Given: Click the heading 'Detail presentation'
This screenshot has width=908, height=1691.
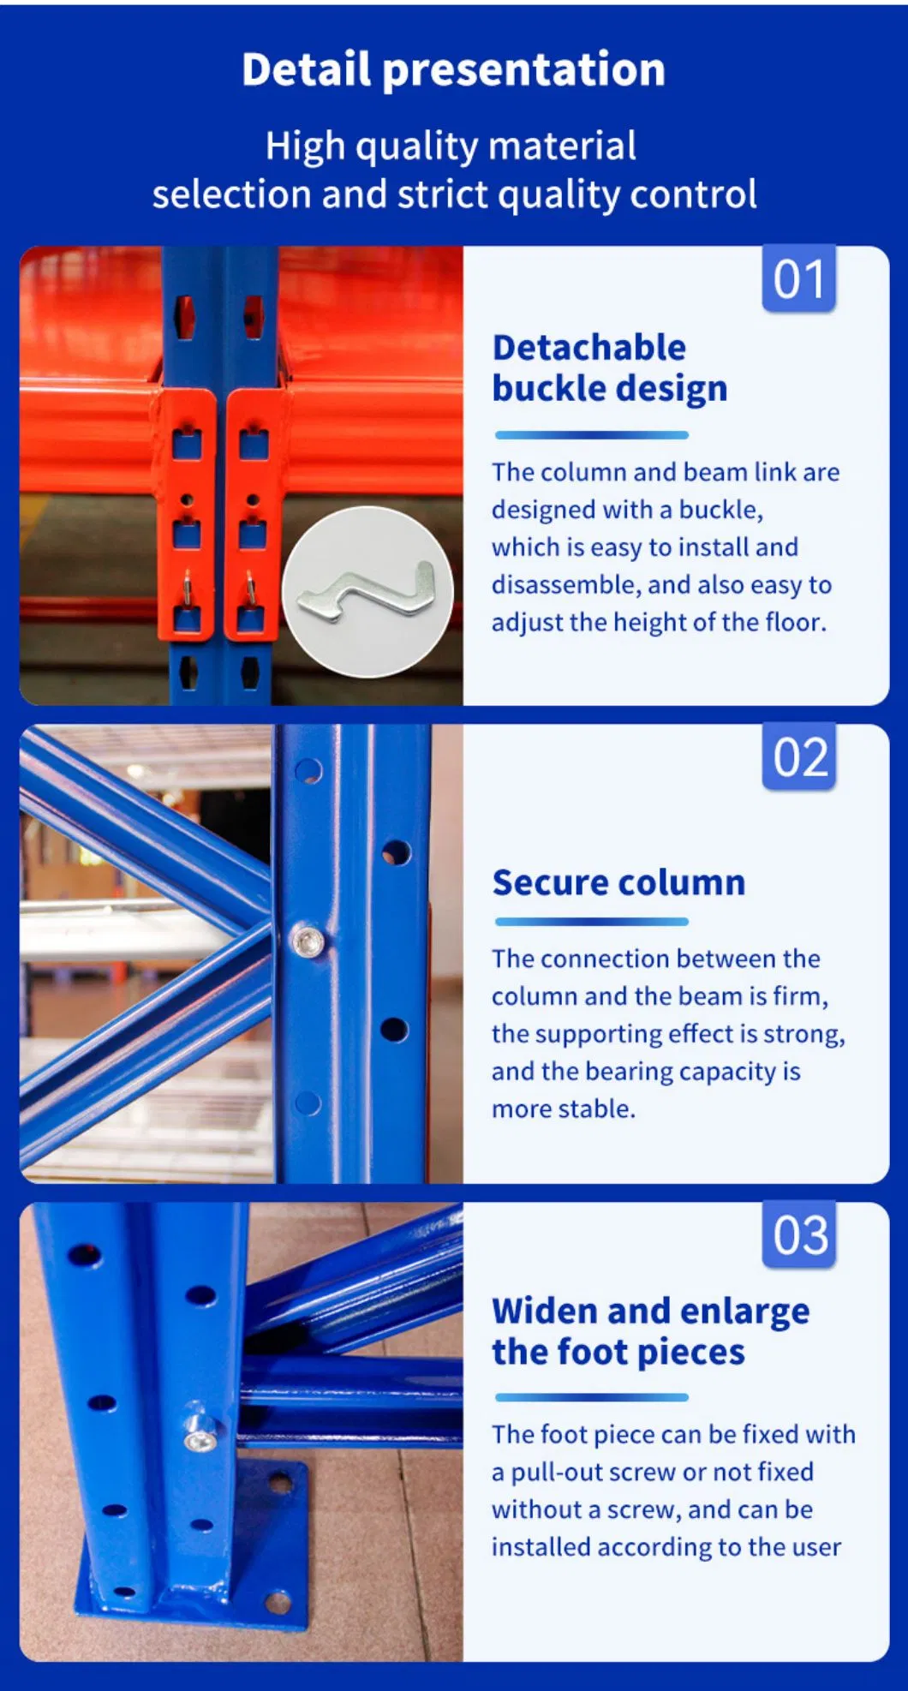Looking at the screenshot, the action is point(453,69).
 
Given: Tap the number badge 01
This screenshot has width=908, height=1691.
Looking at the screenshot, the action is point(799,279).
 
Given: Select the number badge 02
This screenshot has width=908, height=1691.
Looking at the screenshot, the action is point(799,757).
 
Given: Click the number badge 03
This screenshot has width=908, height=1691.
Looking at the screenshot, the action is point(799,1235).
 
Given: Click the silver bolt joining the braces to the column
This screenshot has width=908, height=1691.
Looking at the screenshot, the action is point(308,941).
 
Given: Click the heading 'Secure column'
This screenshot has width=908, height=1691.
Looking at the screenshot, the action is point(618,882).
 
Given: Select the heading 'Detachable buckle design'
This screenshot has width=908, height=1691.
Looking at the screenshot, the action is point(610,368).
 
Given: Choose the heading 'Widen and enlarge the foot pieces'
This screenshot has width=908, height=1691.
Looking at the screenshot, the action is point(651,1331).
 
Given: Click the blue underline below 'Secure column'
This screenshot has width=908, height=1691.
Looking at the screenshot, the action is point(591,922).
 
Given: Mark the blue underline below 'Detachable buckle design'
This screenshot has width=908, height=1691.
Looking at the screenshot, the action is point(591,435).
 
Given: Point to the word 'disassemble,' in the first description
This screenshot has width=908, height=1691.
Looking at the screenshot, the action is point(566,585).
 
